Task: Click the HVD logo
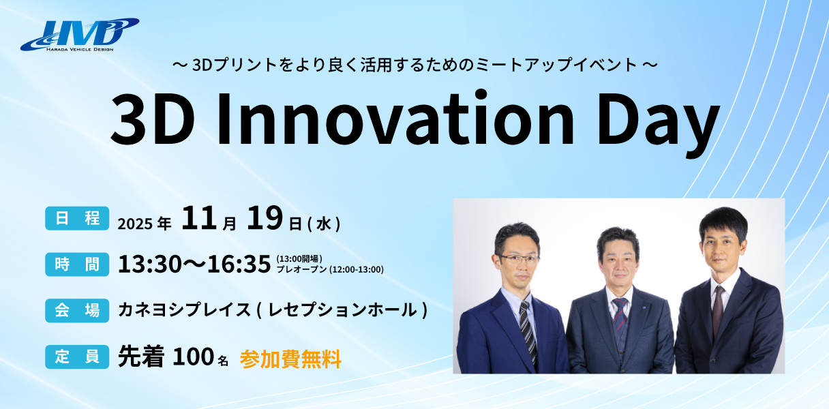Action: (80, 35)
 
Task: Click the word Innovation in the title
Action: (395, 119)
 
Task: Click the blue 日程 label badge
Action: (77, 218)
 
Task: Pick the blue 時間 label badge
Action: (77, 264)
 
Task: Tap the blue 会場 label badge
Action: (77, 311)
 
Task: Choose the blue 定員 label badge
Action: (77, 357)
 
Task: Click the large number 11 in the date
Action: (199, 218)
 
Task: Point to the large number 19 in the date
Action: (265, 218)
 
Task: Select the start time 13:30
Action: (150, 264)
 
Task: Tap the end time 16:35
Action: (239, 264)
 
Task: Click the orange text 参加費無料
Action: (290, 359)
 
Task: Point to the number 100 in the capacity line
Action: (193, 357)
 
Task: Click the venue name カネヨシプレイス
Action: (184, 309)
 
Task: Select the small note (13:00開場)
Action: (299, 258)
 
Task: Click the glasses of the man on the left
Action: (517, 259)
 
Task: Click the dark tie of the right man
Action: (718, 311)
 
